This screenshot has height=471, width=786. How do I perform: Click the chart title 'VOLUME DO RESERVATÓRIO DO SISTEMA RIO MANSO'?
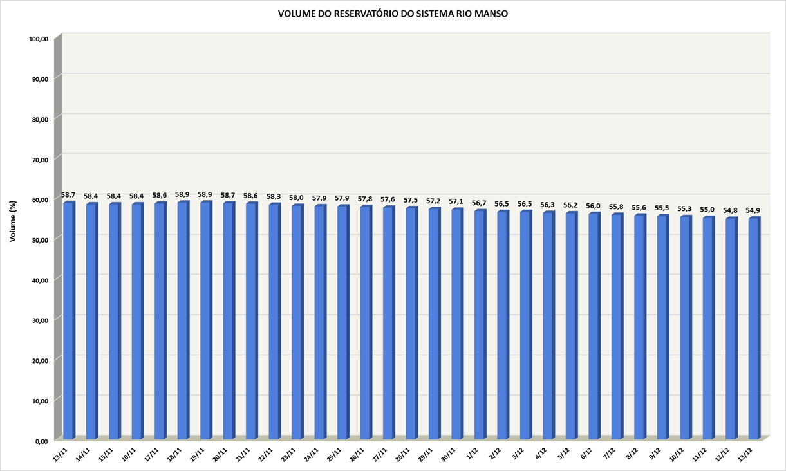[393, 14]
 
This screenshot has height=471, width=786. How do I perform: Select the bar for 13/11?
[68, 322]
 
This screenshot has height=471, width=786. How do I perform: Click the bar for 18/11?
[183, 322]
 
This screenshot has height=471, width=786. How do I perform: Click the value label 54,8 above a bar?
[731, 210]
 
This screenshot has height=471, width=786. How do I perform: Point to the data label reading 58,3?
[274, 196]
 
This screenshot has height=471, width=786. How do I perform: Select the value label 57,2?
[433, 201]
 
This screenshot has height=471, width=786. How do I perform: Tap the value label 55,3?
[685, 208]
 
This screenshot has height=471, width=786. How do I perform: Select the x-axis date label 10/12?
[675, 452]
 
